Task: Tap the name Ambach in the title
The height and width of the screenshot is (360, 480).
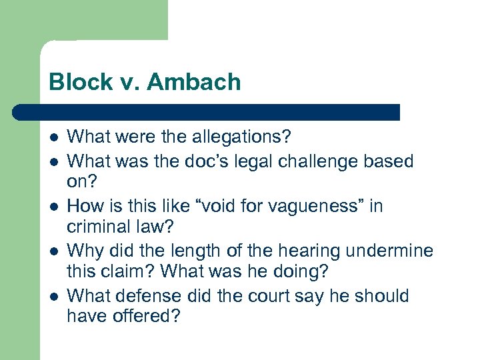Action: [194, 83]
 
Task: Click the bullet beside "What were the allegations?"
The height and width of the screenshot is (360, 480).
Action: [53, 138]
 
